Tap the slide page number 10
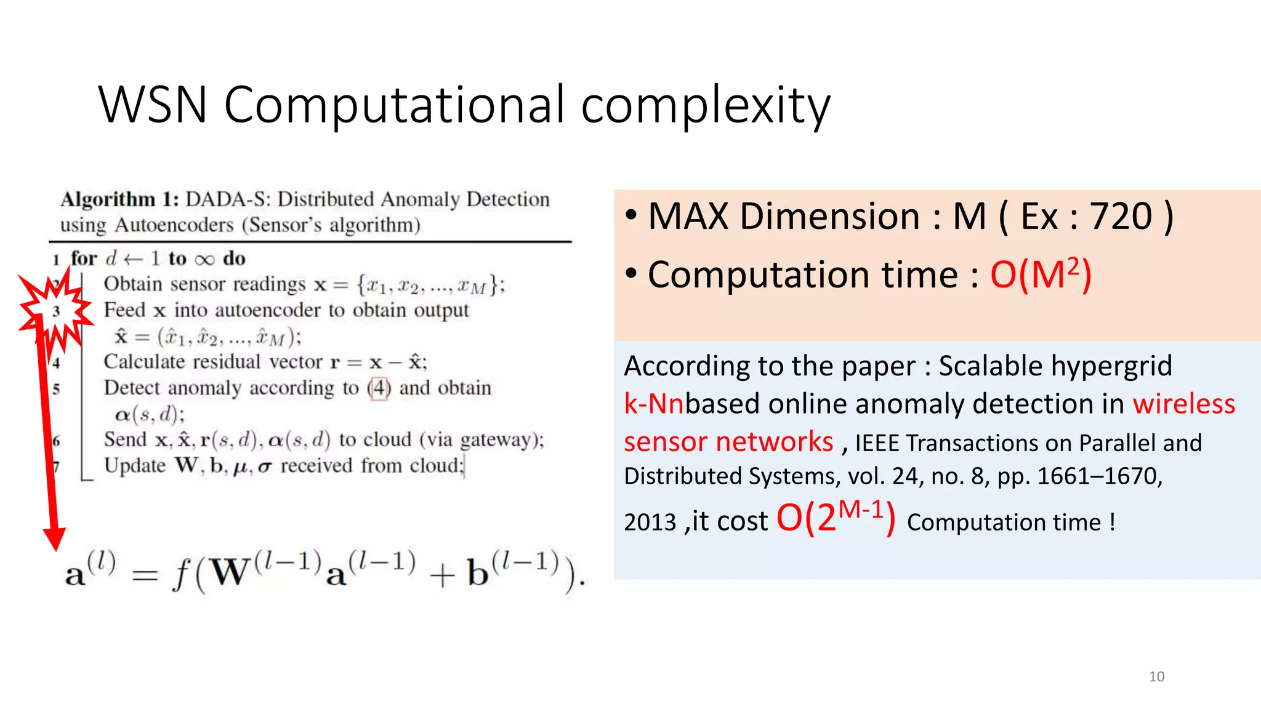point(1156,676)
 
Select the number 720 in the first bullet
point(1121,217)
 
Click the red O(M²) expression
point(1041,274)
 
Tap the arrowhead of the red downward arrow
point(55,538)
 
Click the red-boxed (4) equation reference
point(379,388)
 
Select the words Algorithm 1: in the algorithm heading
point(119,199)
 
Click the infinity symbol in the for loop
point(204,259)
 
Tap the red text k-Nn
point(653,404)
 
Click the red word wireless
point(1183,404)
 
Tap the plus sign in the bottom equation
point(442,577)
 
